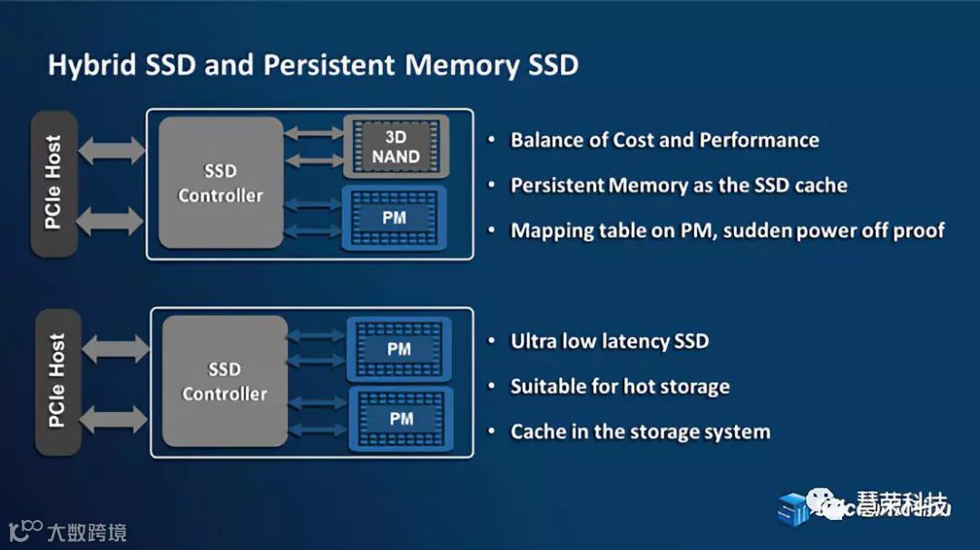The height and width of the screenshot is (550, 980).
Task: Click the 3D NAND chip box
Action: pyautogui.click(x=396, y=146)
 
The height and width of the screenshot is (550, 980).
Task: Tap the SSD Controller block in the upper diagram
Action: pyautogui.click(x=220, y=182)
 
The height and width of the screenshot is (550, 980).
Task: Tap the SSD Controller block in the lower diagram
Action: pyautogui.click(x=224, y=381)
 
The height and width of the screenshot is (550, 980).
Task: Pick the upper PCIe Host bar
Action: pyautogui.click(x=54, y=182)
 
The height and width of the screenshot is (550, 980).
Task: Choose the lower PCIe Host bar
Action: pyautogui.click(x=57, y=381)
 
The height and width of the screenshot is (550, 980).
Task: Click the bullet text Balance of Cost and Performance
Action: pyautogui.click(x=664, y=140)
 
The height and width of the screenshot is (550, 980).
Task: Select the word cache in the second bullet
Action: pyautogui.click(x=820, y=185)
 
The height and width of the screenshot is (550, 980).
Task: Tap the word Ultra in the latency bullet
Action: pyautogui.click(x=535, y=341)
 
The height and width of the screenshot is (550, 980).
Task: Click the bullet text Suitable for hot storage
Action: pyautogui.click(x=620, y=387)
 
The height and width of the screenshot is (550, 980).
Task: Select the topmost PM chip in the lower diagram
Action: pyautogui.click(x=398, y=349)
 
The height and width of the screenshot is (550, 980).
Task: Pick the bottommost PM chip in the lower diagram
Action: pyautogui.click(x=400, y=418)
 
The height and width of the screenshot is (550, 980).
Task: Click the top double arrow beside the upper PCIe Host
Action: pyautogui.click(x=112, y=149)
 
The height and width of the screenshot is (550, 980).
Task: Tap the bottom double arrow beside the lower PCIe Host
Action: pyautogui.click(x=115, y=418)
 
